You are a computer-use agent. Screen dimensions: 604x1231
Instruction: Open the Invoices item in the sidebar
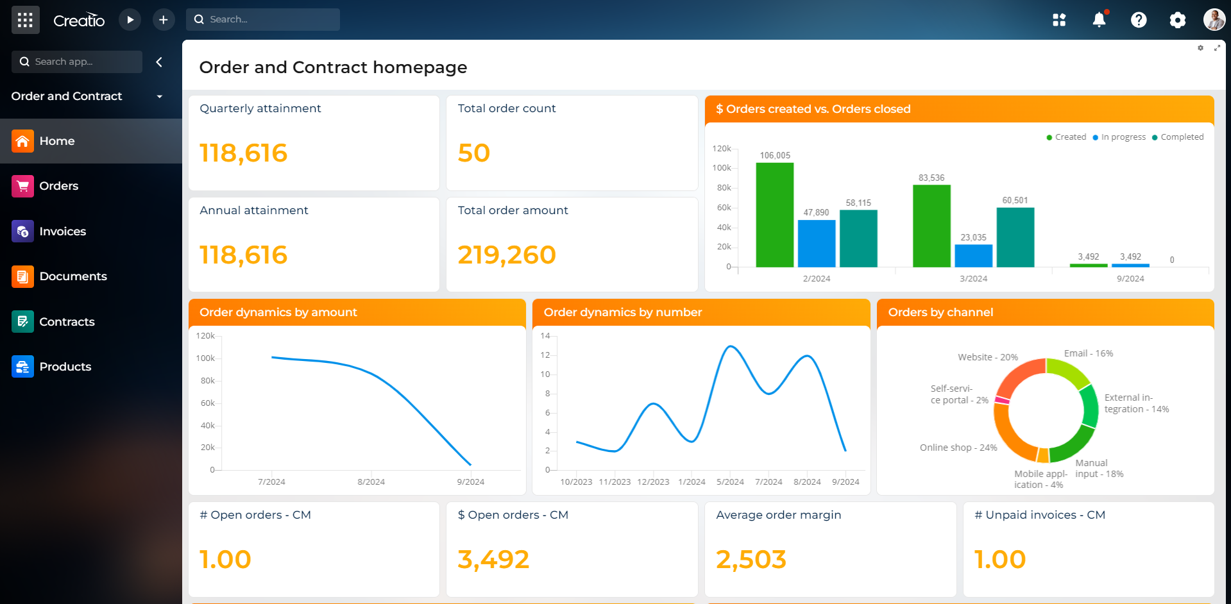[62, 231]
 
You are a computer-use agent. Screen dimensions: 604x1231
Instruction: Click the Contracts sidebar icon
[22, 321]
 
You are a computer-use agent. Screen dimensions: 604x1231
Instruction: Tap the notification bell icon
[1099, 20]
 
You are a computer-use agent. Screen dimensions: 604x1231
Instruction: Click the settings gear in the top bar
[1177, 20]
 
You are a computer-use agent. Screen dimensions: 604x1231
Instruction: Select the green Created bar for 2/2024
[774, 215]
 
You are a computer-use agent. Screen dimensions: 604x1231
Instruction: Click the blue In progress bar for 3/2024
[973, 255]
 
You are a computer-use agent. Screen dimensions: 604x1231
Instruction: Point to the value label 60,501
[1015, 201]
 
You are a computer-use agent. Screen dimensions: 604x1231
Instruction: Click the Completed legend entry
[1181, 137]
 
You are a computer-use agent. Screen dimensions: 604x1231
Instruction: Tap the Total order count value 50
[473, 153]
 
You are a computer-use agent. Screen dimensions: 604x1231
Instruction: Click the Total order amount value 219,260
[506, 255]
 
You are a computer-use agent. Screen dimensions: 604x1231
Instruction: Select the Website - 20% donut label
[987, 357]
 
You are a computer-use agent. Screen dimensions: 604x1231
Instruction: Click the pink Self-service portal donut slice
[1001, 400]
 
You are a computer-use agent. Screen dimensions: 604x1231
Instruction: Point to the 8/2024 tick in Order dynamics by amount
[371, 482]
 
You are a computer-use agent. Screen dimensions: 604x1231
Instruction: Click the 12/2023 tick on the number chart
[653, 482]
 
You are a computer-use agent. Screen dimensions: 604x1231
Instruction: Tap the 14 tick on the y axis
[545, 336]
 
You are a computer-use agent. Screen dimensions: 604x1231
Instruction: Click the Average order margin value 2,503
[751, 559]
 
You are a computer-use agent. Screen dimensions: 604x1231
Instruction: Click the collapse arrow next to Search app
[159, 62]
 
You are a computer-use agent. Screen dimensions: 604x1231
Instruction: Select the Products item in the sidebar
[65, 367]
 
